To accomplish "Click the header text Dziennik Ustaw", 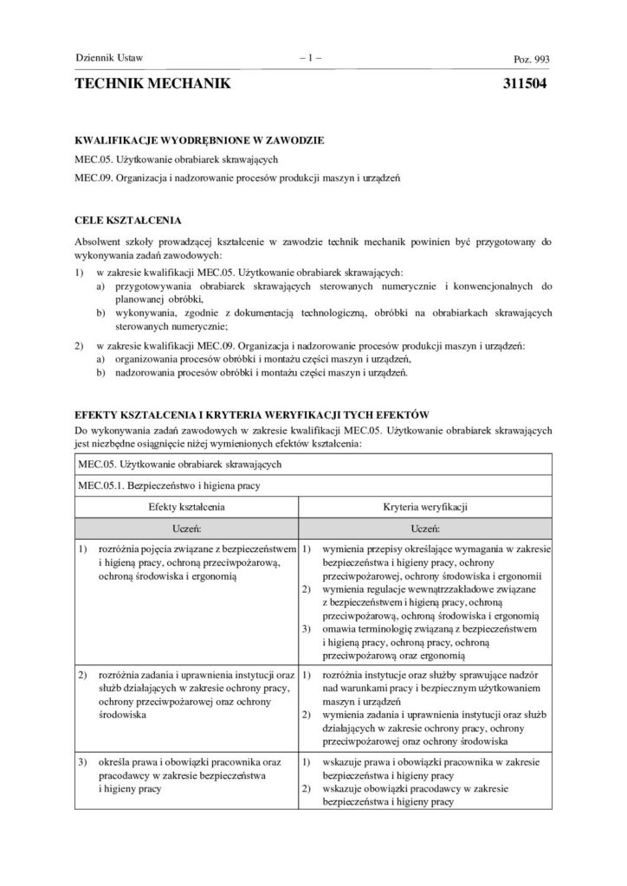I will point(110,59).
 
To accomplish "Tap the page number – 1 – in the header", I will point(310,59).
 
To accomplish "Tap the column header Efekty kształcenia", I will point(187,504).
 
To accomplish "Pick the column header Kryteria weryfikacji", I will point(424,504).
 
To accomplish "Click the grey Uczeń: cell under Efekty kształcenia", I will point(187,526).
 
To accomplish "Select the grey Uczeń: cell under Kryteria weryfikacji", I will point(424,526).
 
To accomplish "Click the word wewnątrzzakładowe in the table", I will point(462,588).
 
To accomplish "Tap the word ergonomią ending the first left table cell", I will point(213,575).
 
